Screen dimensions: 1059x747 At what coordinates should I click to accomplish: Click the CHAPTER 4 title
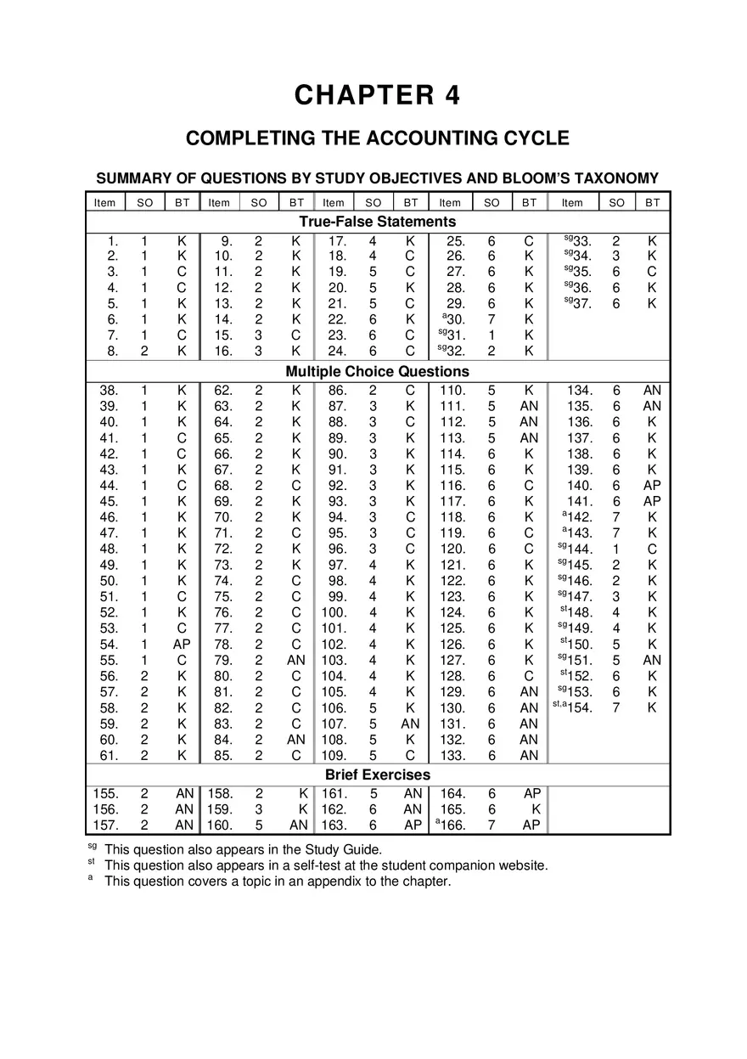[x=377, y=95]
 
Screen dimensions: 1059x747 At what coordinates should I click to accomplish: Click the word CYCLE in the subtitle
[x=534, y=138]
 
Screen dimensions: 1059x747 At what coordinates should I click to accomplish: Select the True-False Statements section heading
[x=377, y=222]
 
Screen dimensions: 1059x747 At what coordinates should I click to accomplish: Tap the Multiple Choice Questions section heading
[x=377, y=371]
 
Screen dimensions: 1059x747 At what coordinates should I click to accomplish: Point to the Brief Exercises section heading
[x=377, y=775]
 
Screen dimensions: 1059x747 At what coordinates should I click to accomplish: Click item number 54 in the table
[x=109, y=645]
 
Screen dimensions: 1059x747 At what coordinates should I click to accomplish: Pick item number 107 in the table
[x=334, y=724]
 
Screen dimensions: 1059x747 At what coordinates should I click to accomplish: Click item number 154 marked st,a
[x=580, y=708]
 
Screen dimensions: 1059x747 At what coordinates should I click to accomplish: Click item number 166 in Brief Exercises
[x=452, y=825]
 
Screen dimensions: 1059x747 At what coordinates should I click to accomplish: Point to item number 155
[x=106, y=793]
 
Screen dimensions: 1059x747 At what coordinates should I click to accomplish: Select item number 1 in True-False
[x=113, y=241]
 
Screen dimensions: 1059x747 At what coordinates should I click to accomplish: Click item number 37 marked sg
[x=581, y=304]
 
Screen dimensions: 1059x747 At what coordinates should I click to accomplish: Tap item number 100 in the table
[x=334, y=612]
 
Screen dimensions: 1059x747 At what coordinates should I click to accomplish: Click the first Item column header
[x=104, y=202]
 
